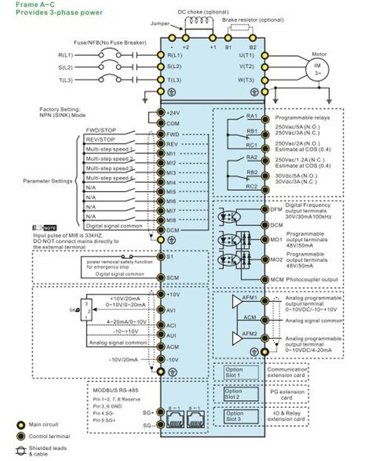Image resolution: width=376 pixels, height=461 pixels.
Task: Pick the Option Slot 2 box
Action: tap(233, 394)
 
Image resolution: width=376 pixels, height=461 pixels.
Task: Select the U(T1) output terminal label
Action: tap(246, 55)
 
